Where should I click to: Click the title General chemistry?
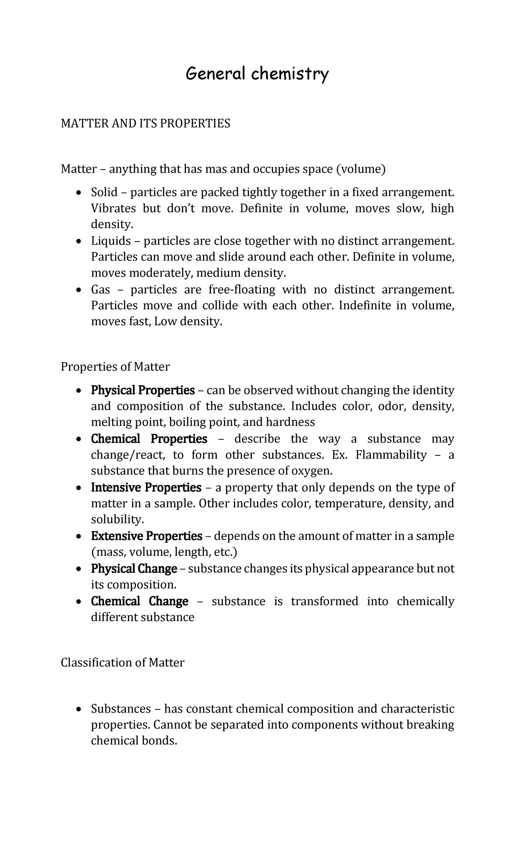(x=257, y=74)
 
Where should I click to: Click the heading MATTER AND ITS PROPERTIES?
(x=145, y=124)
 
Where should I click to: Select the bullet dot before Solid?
(x=78, y=193)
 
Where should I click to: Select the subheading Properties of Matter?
(x=115, y=366)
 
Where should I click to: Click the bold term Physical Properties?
(x=142, y=391)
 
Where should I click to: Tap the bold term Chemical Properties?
(x=149, y=439)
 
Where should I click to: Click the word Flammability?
(x=391, y=455)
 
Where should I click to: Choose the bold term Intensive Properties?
(x=146, y=488)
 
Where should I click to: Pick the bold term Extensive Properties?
(x=146, y=536)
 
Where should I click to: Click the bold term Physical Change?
(x=134, y=569)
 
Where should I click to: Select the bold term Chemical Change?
(x=139, y=602)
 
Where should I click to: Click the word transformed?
(x=324, y=602)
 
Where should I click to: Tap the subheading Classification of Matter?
(x=122, y=663)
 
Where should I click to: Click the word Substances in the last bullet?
(x=121, y=709)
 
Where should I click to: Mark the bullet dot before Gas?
(x=78, y=290)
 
